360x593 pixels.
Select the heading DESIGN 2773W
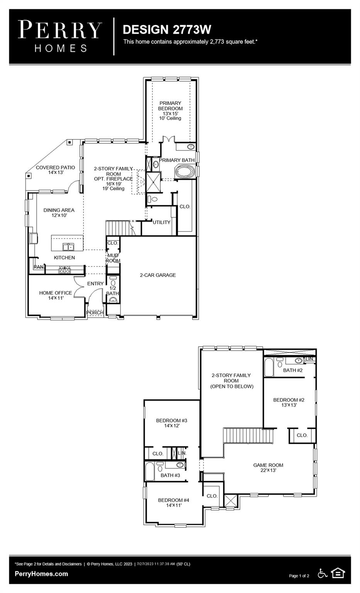(x=166, y=29)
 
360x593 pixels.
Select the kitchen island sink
(x=68, y=246)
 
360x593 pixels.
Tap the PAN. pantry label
(x=39, y=267)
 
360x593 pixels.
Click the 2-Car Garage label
(x=158, y=275)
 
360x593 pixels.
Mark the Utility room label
(x=161, y=222)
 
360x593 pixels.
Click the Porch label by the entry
(x=95, y=312)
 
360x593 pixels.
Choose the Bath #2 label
(x=293, y=370)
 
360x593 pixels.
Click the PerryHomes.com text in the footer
(x=41, y=574)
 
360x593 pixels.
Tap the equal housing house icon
(x=338, y=573)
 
